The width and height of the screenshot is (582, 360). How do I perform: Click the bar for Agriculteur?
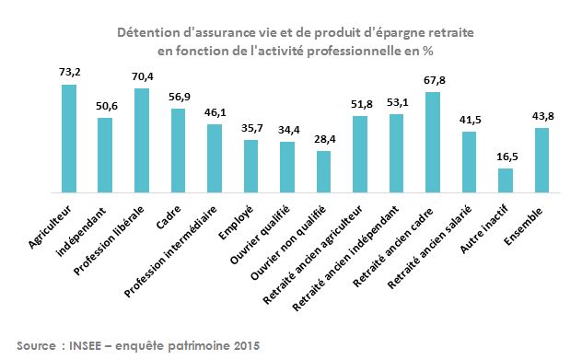point(68,138)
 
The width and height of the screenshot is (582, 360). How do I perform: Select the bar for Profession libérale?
point(142,141)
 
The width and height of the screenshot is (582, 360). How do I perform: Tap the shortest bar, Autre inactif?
point(506,180)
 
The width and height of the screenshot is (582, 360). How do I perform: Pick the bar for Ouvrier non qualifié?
point(323,171)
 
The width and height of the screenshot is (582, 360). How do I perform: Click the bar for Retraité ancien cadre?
point(432,143)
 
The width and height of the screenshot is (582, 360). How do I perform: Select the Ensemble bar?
point(542,161)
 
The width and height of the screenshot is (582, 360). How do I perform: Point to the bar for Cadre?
point(178,151)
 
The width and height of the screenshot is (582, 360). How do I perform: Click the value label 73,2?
point(68,72)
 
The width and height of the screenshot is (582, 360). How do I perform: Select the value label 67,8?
point(432,80)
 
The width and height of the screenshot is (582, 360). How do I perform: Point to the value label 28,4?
point(323,140)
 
